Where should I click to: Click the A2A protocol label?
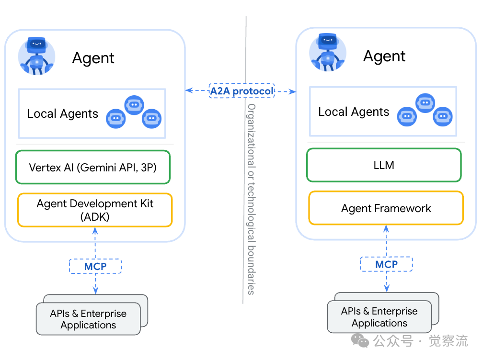241,90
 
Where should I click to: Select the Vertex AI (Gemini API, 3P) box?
93,168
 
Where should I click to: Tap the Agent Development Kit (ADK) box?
95,210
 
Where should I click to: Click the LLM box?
384,165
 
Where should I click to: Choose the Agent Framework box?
386,208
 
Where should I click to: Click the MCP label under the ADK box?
95,266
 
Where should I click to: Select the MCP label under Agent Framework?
386,264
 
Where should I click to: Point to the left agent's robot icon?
36,56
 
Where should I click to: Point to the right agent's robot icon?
328,53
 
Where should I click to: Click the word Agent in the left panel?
93,58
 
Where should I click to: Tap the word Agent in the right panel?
384,56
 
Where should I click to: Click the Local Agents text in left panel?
62,114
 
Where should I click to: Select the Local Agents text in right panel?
354,112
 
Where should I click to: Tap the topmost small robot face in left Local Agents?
134,104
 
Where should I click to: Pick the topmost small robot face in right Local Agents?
425,102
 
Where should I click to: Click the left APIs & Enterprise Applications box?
88,319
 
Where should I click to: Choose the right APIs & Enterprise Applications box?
379,317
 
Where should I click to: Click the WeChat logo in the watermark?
360,340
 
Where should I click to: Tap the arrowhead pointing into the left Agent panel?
188,90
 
